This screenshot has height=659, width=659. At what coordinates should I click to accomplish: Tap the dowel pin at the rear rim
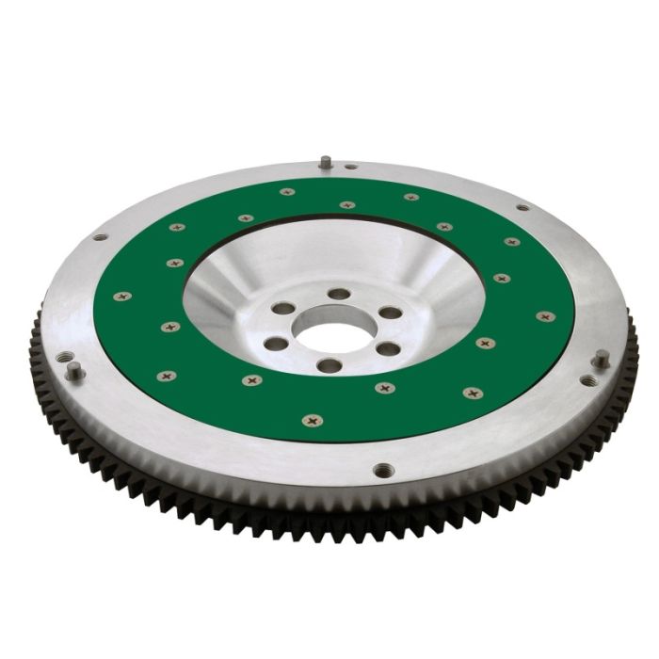pyautogui.click(x=325, y=161)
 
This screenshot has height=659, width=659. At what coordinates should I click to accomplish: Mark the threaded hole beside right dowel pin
pyautogui.click(x=588, y=380)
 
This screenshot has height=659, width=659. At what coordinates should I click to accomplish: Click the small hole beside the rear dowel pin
pyautogui.click(x=350, y=167)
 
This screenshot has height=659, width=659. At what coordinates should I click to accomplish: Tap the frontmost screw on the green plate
pyautogui.click(x=308, y=420)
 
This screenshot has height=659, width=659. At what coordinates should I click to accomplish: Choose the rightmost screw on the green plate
pyautogui.click(x=543, y=315)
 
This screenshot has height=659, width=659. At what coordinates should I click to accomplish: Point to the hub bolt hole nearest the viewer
pyautogui.click(x=327, y=365)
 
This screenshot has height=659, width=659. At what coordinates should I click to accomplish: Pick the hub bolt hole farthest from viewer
pyautogui.click(x=338, y=295)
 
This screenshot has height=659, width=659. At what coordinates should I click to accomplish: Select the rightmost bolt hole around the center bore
pyautogui.click(x=390, y=313)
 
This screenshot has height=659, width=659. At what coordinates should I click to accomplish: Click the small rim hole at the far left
pyautogui.click(x=99, y=237)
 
